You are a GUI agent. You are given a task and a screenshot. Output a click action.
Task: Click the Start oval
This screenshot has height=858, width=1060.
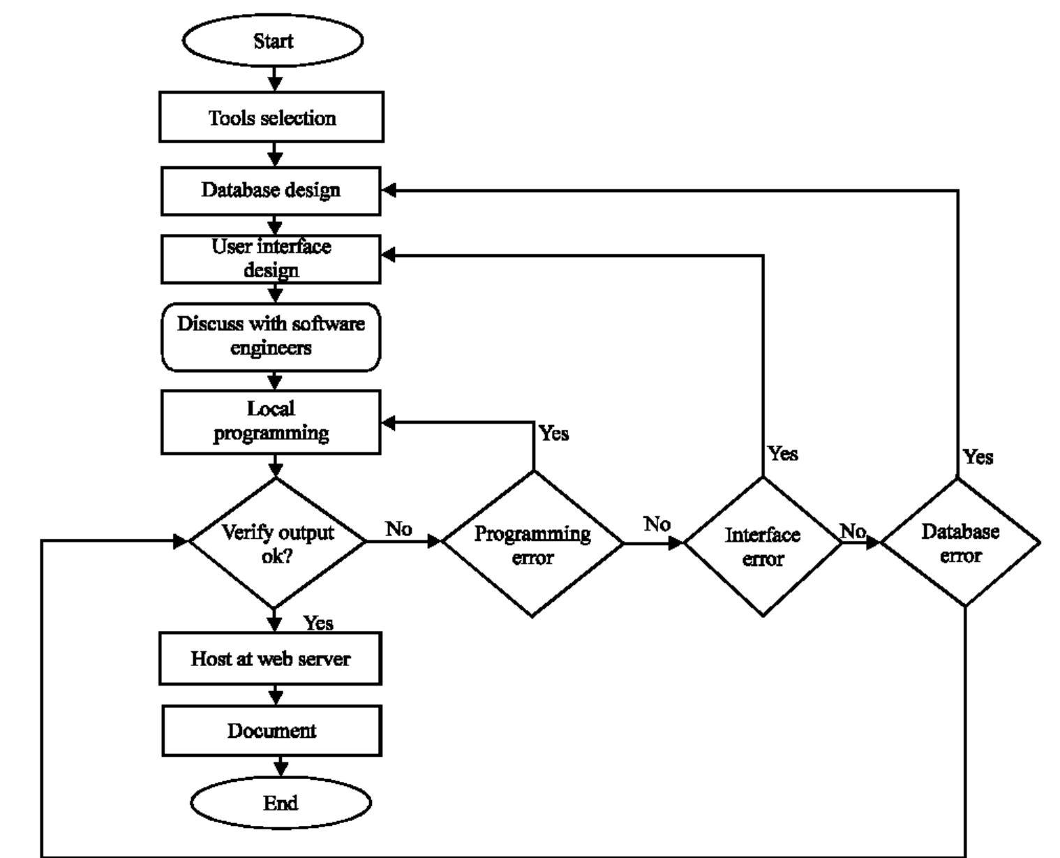(273, 41)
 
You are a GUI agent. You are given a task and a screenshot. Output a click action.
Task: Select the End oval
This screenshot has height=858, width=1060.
(281, 803)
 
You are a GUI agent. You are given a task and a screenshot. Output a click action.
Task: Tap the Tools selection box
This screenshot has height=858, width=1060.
(271, 117)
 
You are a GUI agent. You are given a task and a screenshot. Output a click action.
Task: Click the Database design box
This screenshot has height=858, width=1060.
(271, 190)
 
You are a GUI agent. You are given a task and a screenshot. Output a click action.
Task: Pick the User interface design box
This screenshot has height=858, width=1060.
(271, 259)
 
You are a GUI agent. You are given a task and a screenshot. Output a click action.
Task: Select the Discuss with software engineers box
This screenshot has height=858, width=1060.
(271, 336)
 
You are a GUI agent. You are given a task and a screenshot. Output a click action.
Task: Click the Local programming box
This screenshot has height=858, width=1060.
(271, 422)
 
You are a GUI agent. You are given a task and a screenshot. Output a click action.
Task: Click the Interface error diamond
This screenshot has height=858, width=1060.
(763, 546)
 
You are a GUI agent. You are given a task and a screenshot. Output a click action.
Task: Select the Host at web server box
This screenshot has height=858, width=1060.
(271, 658)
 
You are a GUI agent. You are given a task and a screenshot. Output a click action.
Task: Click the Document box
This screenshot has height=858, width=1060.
(272, 730)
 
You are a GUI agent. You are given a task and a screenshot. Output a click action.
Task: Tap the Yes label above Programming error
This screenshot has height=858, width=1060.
(554, 434)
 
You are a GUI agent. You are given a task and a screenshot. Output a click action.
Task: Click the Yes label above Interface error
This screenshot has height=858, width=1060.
(783, 454)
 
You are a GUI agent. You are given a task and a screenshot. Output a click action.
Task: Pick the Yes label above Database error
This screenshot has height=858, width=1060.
(978, 457)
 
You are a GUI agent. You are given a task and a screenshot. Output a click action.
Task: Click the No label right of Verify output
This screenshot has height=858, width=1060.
(398, 529)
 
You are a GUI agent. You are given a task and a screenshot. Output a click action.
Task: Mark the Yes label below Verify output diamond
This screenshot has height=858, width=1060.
(318, 623)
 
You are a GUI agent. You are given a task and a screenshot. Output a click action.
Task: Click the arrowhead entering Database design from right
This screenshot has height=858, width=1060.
(389, 190)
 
